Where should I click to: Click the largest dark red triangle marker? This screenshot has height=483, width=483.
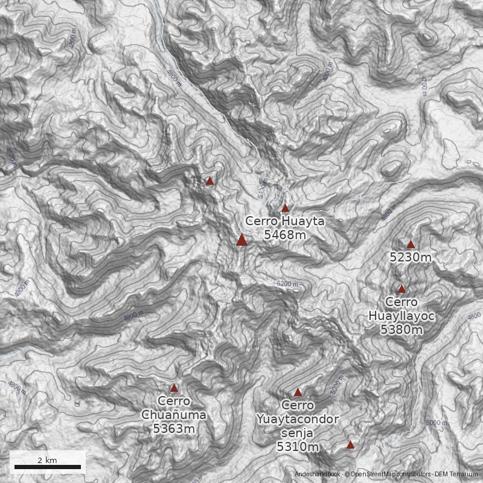tap(241, 240)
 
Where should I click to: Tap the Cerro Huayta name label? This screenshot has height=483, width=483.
tap(285, 222)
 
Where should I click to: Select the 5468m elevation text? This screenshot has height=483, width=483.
tap(285, 234)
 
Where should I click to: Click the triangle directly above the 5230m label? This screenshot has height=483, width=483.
tap(411, 245)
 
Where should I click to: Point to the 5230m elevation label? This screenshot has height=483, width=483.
tap(411, 258)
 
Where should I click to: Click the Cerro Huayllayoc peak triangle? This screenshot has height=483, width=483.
tap(401, 289)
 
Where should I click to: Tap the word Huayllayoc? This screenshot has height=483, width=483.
tap(401, 316)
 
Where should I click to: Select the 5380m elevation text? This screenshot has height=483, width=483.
tap(401, 330)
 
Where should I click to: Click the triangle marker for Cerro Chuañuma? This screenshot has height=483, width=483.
tap(174, 388)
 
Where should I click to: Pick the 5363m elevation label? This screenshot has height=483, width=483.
tap(174, 429)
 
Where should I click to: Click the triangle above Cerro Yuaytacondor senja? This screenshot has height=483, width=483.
tap(298, 392)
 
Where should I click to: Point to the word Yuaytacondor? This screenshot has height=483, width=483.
tap(298, 419)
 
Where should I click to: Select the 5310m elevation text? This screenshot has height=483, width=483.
tap(298, 447)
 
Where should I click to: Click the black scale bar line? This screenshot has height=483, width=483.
tap(47, 467)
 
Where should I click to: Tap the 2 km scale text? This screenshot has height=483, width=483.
tap(47, 460)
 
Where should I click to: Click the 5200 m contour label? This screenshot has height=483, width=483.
tap(287, 283)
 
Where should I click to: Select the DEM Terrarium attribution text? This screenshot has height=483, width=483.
tap(456, 475)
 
